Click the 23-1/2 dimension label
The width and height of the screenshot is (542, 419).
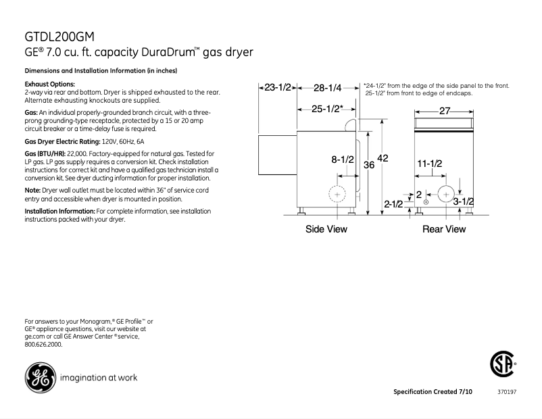(277, 87)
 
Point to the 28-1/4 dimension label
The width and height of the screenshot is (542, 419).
(328, 87)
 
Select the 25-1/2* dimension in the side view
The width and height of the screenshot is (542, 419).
(328, 108)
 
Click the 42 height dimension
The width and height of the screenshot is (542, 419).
(383, 157)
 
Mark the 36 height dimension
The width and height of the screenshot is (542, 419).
(370, 164)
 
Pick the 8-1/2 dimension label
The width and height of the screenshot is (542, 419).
(343, 159)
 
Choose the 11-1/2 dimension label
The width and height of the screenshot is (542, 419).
(429, 164)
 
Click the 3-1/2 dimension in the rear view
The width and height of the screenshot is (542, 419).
(463, 201)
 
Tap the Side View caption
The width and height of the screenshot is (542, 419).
(326, 229)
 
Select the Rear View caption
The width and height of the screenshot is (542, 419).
(444, 229)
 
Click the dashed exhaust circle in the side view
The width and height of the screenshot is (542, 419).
(337, 195)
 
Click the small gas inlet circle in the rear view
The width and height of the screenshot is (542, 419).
(426, 202)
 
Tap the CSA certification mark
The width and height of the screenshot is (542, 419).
(500, 365)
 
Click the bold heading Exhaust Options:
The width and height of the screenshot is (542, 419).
(49, 83)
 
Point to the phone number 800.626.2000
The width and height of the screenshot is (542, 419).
(43, 344)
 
